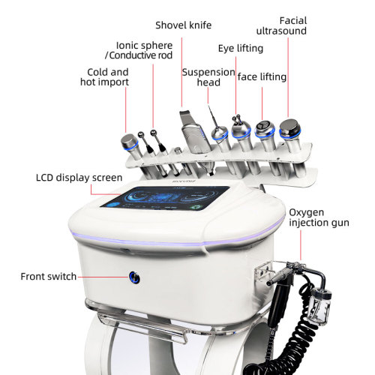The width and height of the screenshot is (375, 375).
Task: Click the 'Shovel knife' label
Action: tap(183, 25)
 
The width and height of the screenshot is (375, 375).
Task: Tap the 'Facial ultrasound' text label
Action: tap(281, 25)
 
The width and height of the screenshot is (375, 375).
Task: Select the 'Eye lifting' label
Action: tap(241, 48)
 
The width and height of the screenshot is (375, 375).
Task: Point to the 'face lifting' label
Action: tap(262, 76)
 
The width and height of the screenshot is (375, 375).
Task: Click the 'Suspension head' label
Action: tap(208, 77)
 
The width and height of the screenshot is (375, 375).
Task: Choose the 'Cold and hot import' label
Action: tap(104, 77)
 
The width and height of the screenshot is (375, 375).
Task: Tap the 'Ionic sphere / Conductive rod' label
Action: tap(139, 50)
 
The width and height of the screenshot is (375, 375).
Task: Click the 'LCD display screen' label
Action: tap(79, 178)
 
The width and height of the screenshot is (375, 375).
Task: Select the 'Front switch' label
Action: tap(49, 277)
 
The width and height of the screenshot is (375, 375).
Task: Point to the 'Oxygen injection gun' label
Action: tap(319, 217)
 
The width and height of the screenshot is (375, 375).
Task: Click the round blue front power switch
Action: tap(134, 277)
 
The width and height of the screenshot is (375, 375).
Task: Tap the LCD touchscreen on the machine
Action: tap(165, 197)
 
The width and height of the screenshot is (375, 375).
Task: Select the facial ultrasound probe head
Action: tap(290, 128)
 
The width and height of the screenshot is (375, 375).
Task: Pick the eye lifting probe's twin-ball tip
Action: tap(237, 119)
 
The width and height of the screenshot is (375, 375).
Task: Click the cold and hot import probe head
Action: tap(129, 142)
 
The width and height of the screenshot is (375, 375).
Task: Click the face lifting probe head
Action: tap(265, 128)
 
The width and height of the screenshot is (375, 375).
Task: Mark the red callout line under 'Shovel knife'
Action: tap(181, 72)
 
